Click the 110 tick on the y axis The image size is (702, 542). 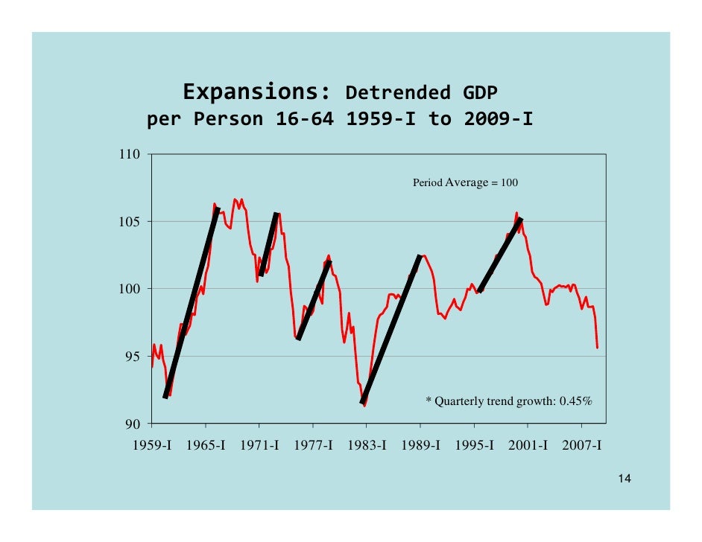coord(130,155)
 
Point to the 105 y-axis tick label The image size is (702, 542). coord(130,222)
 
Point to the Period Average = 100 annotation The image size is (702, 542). coord(465,182)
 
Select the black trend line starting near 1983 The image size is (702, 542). coord(391,329)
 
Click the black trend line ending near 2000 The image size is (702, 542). coord(500,255)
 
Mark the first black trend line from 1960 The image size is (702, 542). coord(192,303)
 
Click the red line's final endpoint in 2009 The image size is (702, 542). coord(597,348)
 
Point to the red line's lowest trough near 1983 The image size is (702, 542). coord(364,405)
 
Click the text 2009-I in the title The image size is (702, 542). coord(499,119)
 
